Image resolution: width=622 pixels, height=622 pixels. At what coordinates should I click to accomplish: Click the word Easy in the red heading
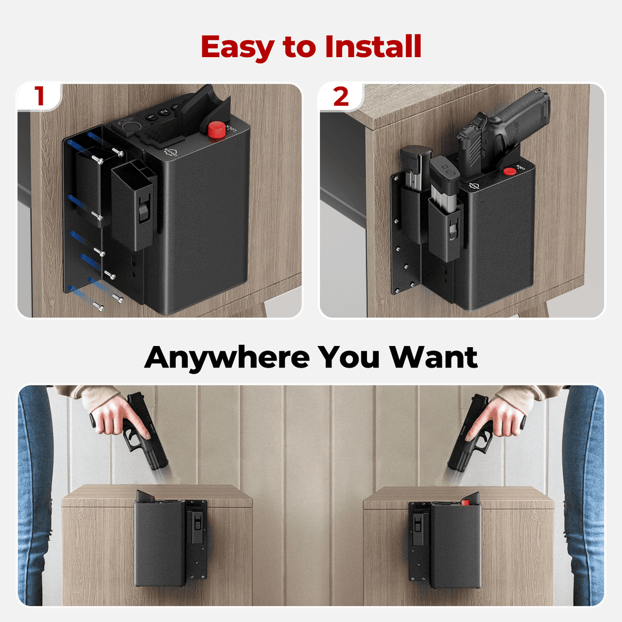pyautogui.click(x=238, y=47)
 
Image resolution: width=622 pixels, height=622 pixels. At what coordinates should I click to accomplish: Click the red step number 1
pyautogui.click(x=39, y=96)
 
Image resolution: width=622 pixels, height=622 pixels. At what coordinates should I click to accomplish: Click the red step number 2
pyautogui.click(x=341, y=97)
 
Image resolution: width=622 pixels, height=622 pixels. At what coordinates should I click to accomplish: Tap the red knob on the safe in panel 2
pyautogui.click(x=509, y=171)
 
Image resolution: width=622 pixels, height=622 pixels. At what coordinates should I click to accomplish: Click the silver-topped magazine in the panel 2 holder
pyautogui.click(x=444, y=187)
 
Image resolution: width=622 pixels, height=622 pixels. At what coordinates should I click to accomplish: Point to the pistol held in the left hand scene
pyautogui.click(x=144, y=433)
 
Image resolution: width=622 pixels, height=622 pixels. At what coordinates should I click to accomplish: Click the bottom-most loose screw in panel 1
pyautogui.click(x=100, y=306)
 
